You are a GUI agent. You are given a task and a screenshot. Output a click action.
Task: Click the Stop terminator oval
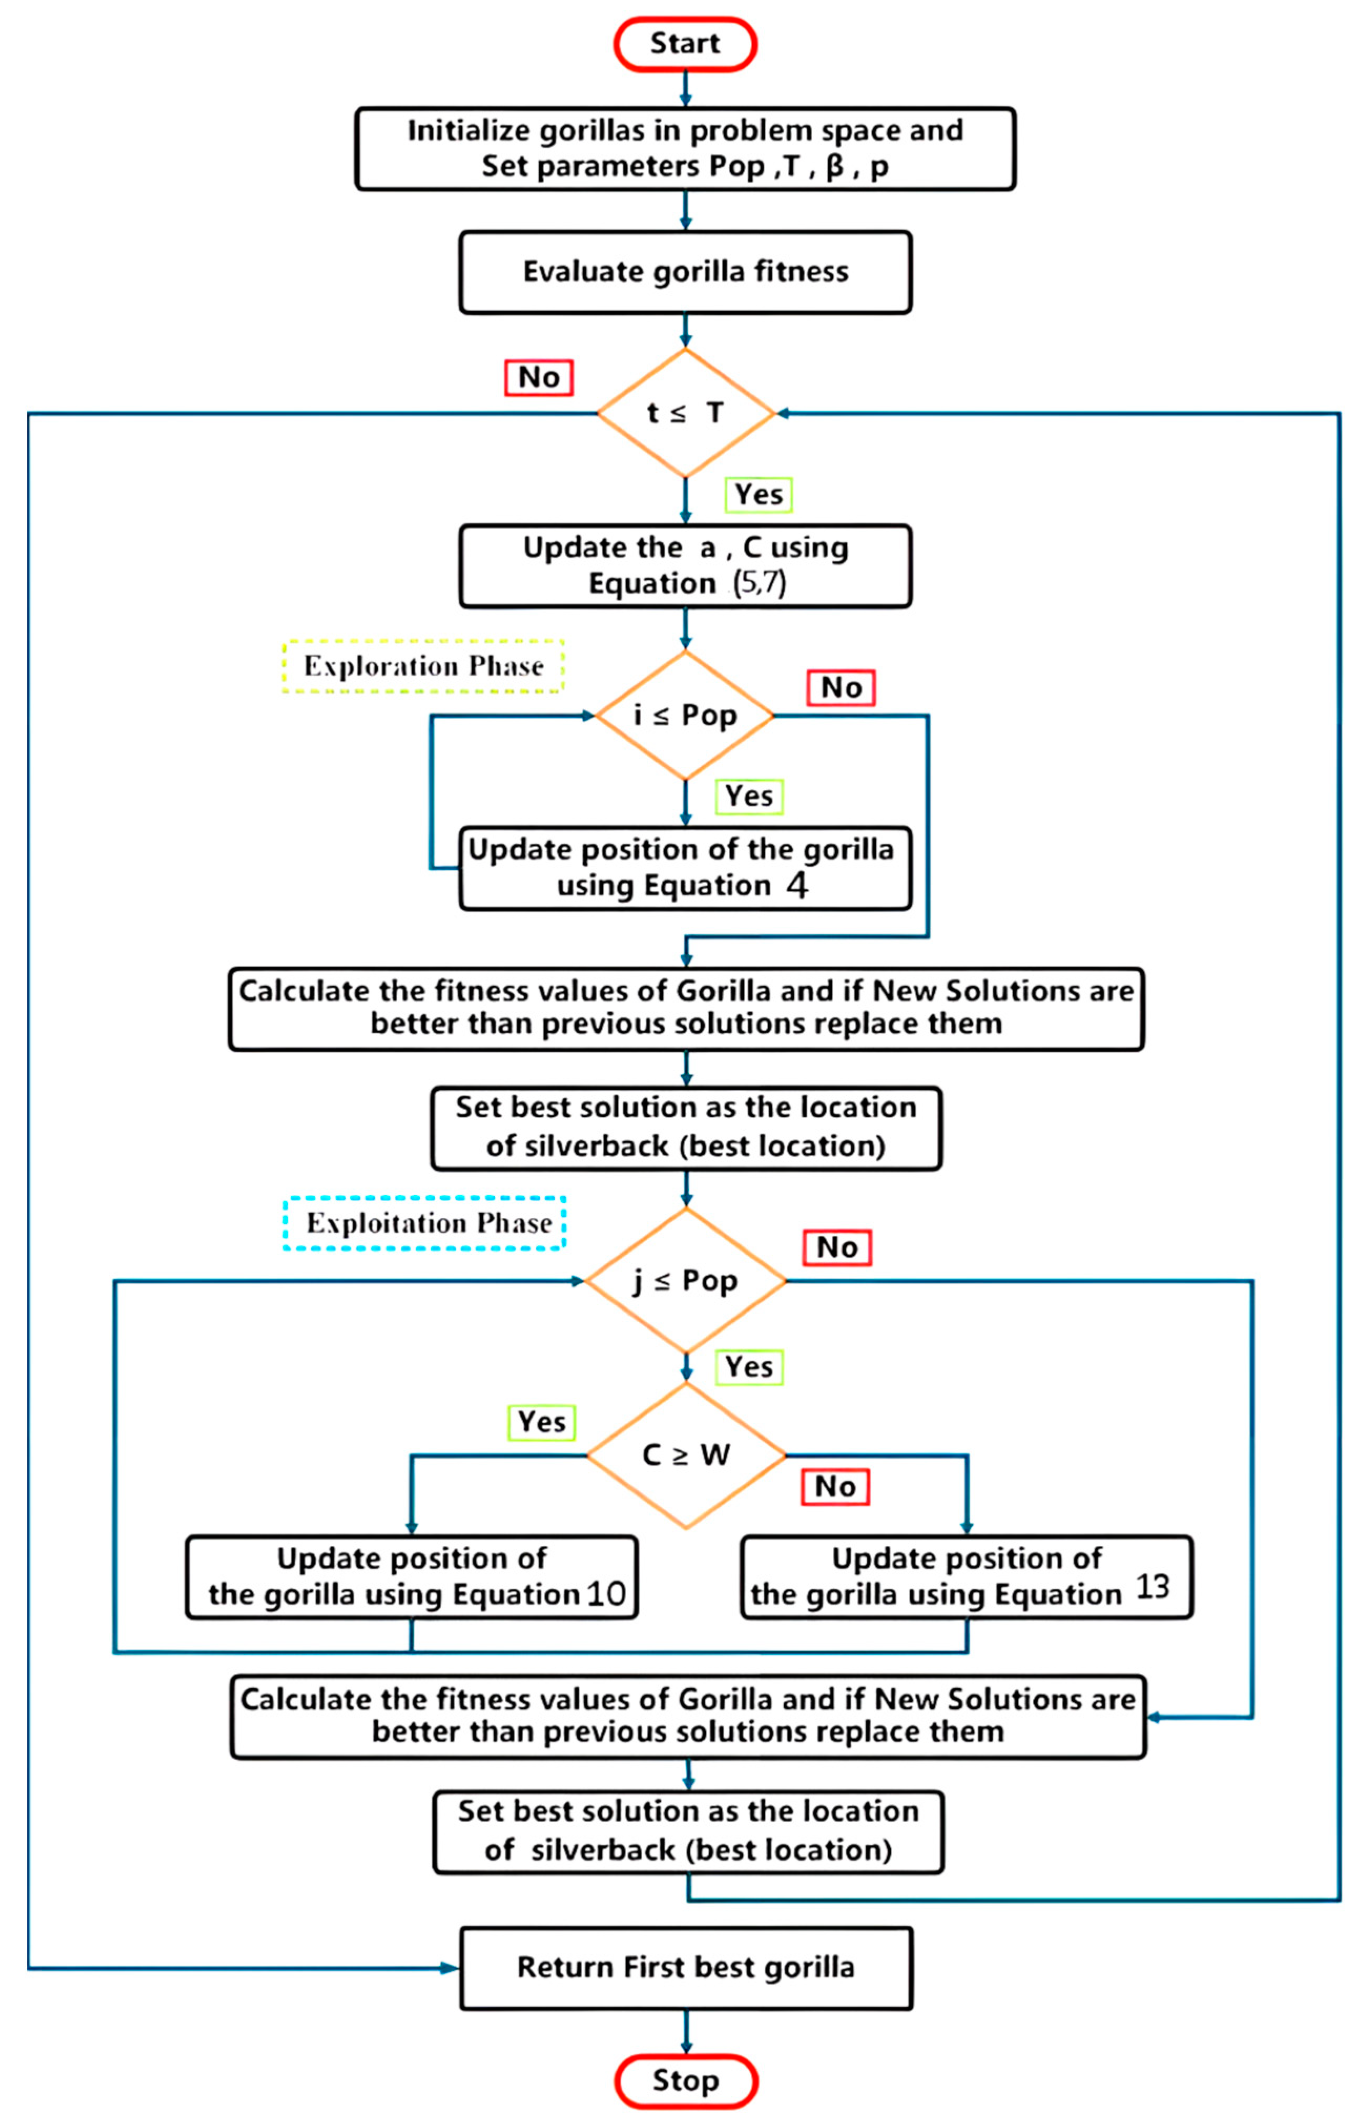(x=685, y=2081)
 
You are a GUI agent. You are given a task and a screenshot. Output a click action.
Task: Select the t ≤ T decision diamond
(x=685, y=413)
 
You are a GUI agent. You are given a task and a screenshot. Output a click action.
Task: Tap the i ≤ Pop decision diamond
(x=685, y=715)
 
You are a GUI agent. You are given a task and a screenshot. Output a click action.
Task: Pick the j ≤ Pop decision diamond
(x=685, y=1281)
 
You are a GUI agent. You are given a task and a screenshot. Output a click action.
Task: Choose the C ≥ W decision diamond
(x=685, y=1455)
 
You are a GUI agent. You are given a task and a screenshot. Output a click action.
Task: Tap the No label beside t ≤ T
(x=538, y=377)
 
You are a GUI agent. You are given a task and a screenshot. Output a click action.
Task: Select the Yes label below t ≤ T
(x=758, y=494)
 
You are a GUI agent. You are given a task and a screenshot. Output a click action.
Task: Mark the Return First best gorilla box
(x=685, y=1967)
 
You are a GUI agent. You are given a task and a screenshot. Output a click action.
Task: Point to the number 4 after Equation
(x=796, y=886)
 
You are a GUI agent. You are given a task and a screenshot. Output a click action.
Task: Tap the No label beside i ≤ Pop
(x=840, y=688)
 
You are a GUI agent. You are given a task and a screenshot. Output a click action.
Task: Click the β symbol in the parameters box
(x=835, y=166)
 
